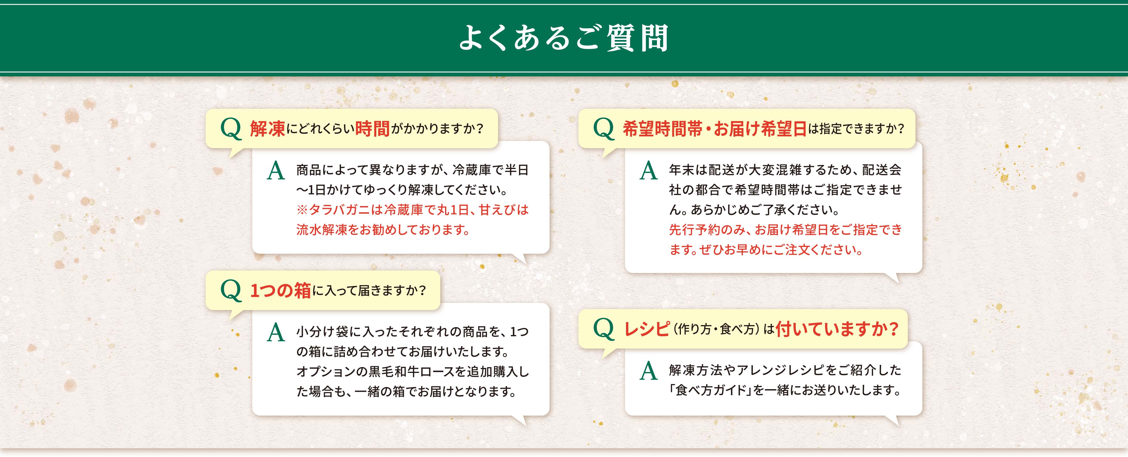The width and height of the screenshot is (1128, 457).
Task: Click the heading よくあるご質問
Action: click(564, 38)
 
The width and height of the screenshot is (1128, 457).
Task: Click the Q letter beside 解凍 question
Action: click(231, 129)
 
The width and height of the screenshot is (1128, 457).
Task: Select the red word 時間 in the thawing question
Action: click(372, 129)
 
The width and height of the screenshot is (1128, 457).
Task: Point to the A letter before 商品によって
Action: click(276, 171)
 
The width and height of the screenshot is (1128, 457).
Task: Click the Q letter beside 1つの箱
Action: click(231, 290)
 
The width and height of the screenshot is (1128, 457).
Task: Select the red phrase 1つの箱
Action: click(280, 290)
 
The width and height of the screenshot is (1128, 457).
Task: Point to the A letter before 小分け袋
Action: click(276, 333)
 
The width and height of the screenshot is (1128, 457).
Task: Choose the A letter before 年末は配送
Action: click(649, 171)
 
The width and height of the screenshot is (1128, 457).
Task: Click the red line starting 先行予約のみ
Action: click(785, 230)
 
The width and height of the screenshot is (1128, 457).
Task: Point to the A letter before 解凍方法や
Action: click(649, 371)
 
